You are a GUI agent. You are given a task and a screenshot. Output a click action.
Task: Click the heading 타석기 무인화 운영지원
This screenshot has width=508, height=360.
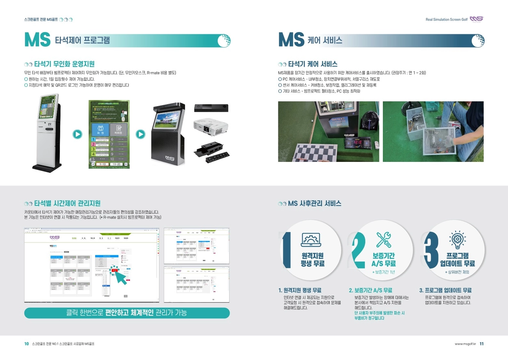pos(64,64)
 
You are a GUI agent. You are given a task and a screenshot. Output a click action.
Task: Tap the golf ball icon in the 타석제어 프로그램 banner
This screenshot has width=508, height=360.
pos(224,41)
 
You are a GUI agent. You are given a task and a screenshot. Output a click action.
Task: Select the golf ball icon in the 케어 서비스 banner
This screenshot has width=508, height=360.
pos(478,41)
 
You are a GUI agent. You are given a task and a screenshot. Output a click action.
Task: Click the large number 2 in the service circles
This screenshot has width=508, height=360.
pos(357,251)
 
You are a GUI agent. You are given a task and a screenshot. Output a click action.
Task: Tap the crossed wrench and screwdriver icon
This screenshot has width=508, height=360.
pos(384,240)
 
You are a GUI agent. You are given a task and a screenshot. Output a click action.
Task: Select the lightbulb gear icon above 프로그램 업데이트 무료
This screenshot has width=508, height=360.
pos(454,240)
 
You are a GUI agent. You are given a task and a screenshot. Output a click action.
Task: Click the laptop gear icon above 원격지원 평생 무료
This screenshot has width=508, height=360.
pos(311,240)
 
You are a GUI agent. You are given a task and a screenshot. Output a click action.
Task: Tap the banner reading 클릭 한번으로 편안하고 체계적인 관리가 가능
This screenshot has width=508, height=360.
pos(127,313)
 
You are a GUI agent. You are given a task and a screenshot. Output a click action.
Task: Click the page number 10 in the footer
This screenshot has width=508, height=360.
pos(26,344)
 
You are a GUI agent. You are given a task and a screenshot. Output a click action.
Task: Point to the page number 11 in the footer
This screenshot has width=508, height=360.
pos(482,344)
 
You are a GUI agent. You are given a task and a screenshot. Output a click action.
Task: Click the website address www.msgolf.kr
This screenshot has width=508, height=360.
pos(465,344)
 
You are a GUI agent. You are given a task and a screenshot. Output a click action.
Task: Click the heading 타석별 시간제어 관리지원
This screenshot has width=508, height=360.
pos(67,203)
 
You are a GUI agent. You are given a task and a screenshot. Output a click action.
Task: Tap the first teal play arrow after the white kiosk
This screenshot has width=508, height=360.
pos(77,134)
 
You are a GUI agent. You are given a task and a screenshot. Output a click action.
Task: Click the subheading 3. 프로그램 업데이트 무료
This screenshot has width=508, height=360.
pos(445,290)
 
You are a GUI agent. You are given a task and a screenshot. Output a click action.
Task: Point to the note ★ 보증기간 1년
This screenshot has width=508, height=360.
pos(383,272)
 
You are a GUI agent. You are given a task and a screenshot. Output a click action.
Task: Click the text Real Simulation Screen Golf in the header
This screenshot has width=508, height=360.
pos(446,20)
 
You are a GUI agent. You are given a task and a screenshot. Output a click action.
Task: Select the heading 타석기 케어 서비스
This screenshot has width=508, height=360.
pos(313,64)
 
